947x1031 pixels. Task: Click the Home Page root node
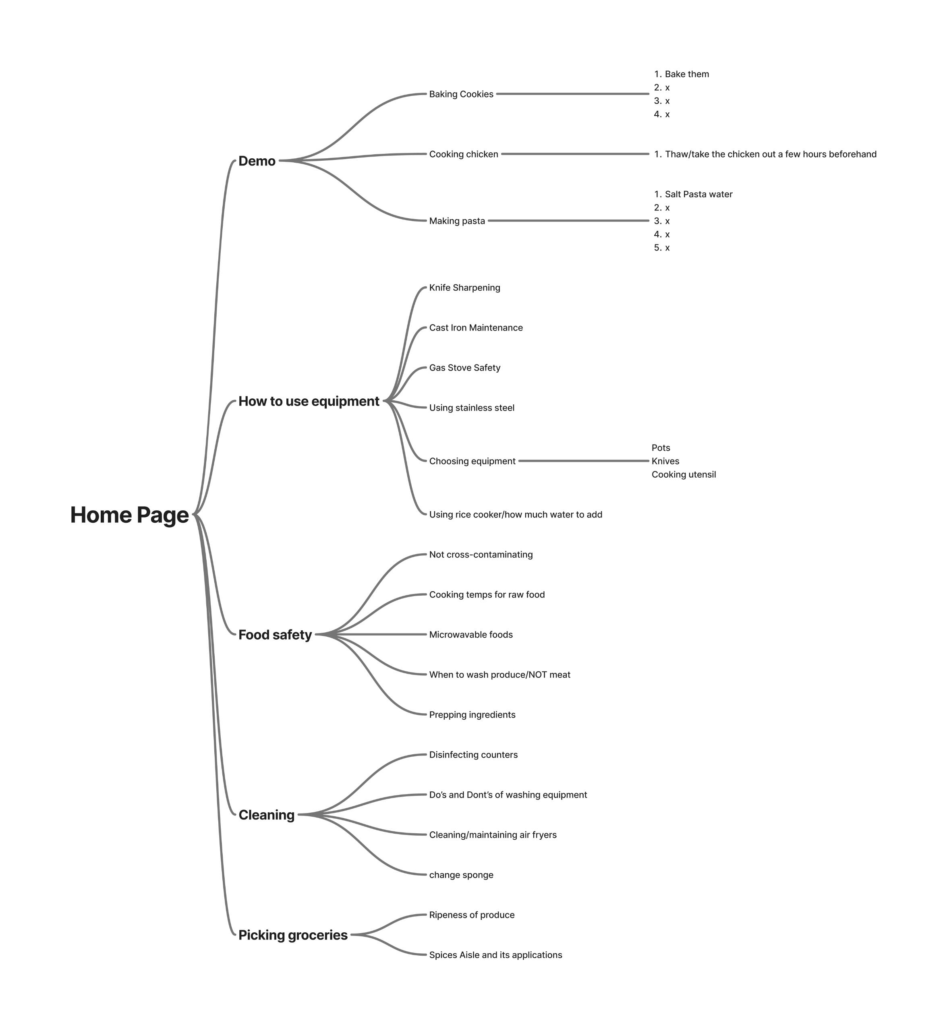coord(129,515)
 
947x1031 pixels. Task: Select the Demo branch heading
coord(257,161)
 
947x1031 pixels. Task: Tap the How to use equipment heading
coord(309,401)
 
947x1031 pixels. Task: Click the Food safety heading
coord(275,635)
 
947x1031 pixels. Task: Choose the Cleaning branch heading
coord(267,815)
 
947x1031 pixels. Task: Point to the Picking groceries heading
coord(292,935)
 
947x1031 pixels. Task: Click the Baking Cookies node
coord(461,94)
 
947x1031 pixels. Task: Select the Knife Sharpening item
coord(464,288)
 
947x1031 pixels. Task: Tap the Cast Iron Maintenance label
coord(476,328)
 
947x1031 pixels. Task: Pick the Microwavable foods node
coord(470,635)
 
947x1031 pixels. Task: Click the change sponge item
coord(461,875)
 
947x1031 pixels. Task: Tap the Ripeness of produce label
coord(471,915)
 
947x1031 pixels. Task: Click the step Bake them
coord(687,74)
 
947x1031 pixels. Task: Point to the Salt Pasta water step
coord(698,194)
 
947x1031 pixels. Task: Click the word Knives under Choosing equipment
coord(665,461)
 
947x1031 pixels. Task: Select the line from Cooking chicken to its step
coord(575,154)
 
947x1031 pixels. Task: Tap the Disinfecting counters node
coord(473,755)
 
